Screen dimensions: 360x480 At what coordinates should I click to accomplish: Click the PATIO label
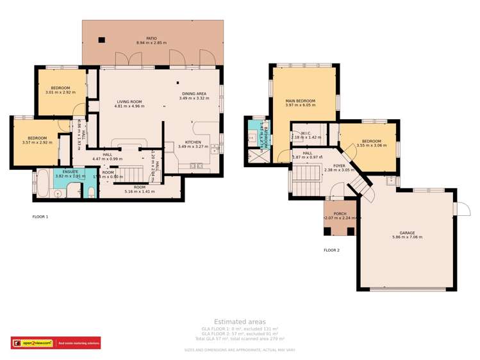[151, 38]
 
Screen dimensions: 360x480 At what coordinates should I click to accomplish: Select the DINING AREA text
[194, 94]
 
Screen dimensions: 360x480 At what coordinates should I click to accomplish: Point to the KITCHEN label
[193, 142]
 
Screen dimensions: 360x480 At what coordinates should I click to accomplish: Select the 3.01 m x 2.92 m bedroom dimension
[60, 92]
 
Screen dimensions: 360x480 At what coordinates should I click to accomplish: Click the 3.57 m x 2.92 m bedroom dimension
[37, 142]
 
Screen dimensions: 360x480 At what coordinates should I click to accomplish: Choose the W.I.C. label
[306, 133]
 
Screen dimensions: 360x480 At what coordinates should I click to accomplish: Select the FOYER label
[339, 166]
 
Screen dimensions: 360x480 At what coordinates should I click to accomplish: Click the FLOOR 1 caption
[40, 217]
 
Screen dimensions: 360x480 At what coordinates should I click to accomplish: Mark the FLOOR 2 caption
[331, 250]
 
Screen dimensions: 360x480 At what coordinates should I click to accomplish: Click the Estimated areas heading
[239, 322]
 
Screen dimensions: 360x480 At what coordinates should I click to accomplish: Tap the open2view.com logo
[33, 343]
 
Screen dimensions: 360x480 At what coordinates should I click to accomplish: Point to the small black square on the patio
[101, 40]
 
